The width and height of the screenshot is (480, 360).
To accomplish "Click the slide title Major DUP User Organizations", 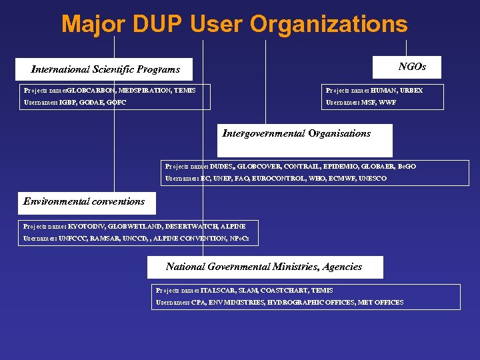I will (234, 25).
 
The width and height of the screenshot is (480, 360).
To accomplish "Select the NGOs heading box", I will (412, 67).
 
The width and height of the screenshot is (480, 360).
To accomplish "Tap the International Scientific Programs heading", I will (105, 69).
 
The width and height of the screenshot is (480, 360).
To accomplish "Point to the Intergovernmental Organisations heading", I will (296, 133).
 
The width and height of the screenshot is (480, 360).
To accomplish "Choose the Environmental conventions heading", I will (84, 201).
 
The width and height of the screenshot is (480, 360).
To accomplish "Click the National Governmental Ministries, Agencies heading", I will (264, 267).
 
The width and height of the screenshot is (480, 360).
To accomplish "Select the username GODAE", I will (92, 103).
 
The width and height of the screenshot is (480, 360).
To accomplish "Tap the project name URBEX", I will (411, 90).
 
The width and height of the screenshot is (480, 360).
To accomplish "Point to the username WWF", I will (387, 103).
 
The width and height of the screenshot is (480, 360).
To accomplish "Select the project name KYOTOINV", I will (86, 227).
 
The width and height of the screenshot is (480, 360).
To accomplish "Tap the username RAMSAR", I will (105, 239).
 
